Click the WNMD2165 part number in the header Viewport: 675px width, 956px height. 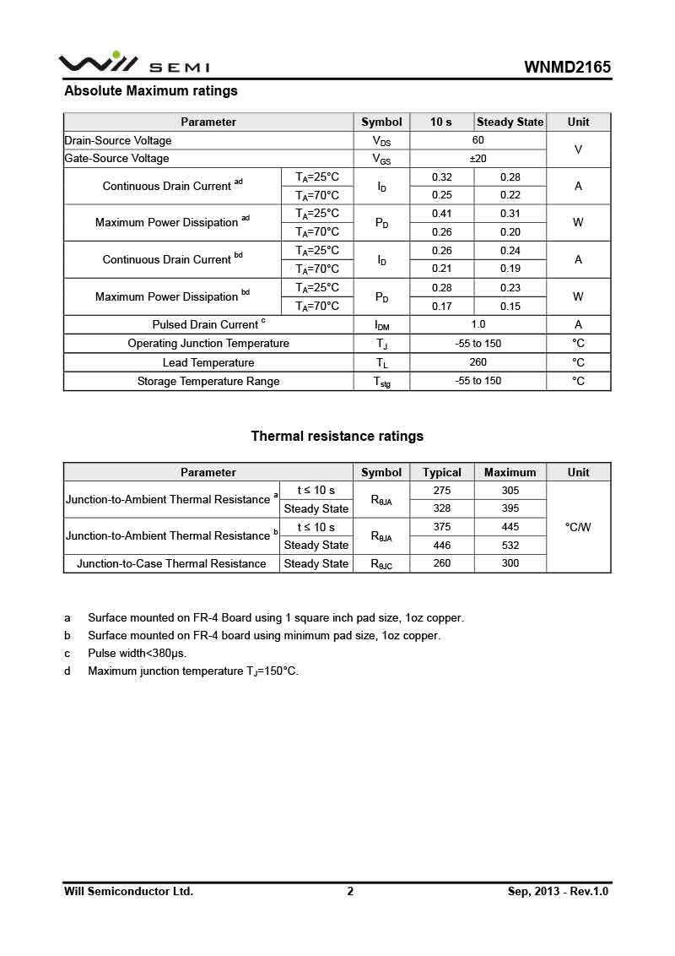click(567, 68)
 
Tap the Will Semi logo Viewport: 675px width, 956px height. click(134, 64)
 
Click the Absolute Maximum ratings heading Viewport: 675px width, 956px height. click(151, 90)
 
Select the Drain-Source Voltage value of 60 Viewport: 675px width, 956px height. click(478, 140)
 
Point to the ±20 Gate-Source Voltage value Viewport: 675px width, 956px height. click(478, 159)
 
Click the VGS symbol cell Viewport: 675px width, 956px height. click(381, 159)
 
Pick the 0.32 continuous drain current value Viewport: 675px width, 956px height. click(441, 177)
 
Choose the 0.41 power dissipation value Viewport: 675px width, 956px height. click(441, 214)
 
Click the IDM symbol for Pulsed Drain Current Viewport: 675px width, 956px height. click(381, 325)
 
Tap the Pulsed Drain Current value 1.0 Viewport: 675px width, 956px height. click(478, 324)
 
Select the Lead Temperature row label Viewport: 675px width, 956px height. click(208, 362)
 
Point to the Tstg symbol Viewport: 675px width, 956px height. click(381, 382)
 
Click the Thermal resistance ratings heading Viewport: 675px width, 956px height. click(337, 436)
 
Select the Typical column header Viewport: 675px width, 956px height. click(442, 472)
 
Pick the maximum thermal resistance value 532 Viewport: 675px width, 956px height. click(510, 546)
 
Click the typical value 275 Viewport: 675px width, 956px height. click(442, 491)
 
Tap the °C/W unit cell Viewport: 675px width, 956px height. click(578, 527)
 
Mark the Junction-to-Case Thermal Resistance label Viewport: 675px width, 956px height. click(171, 563)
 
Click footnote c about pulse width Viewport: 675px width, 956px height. click(137, 653)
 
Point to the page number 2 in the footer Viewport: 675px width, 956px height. click(350, 891)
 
